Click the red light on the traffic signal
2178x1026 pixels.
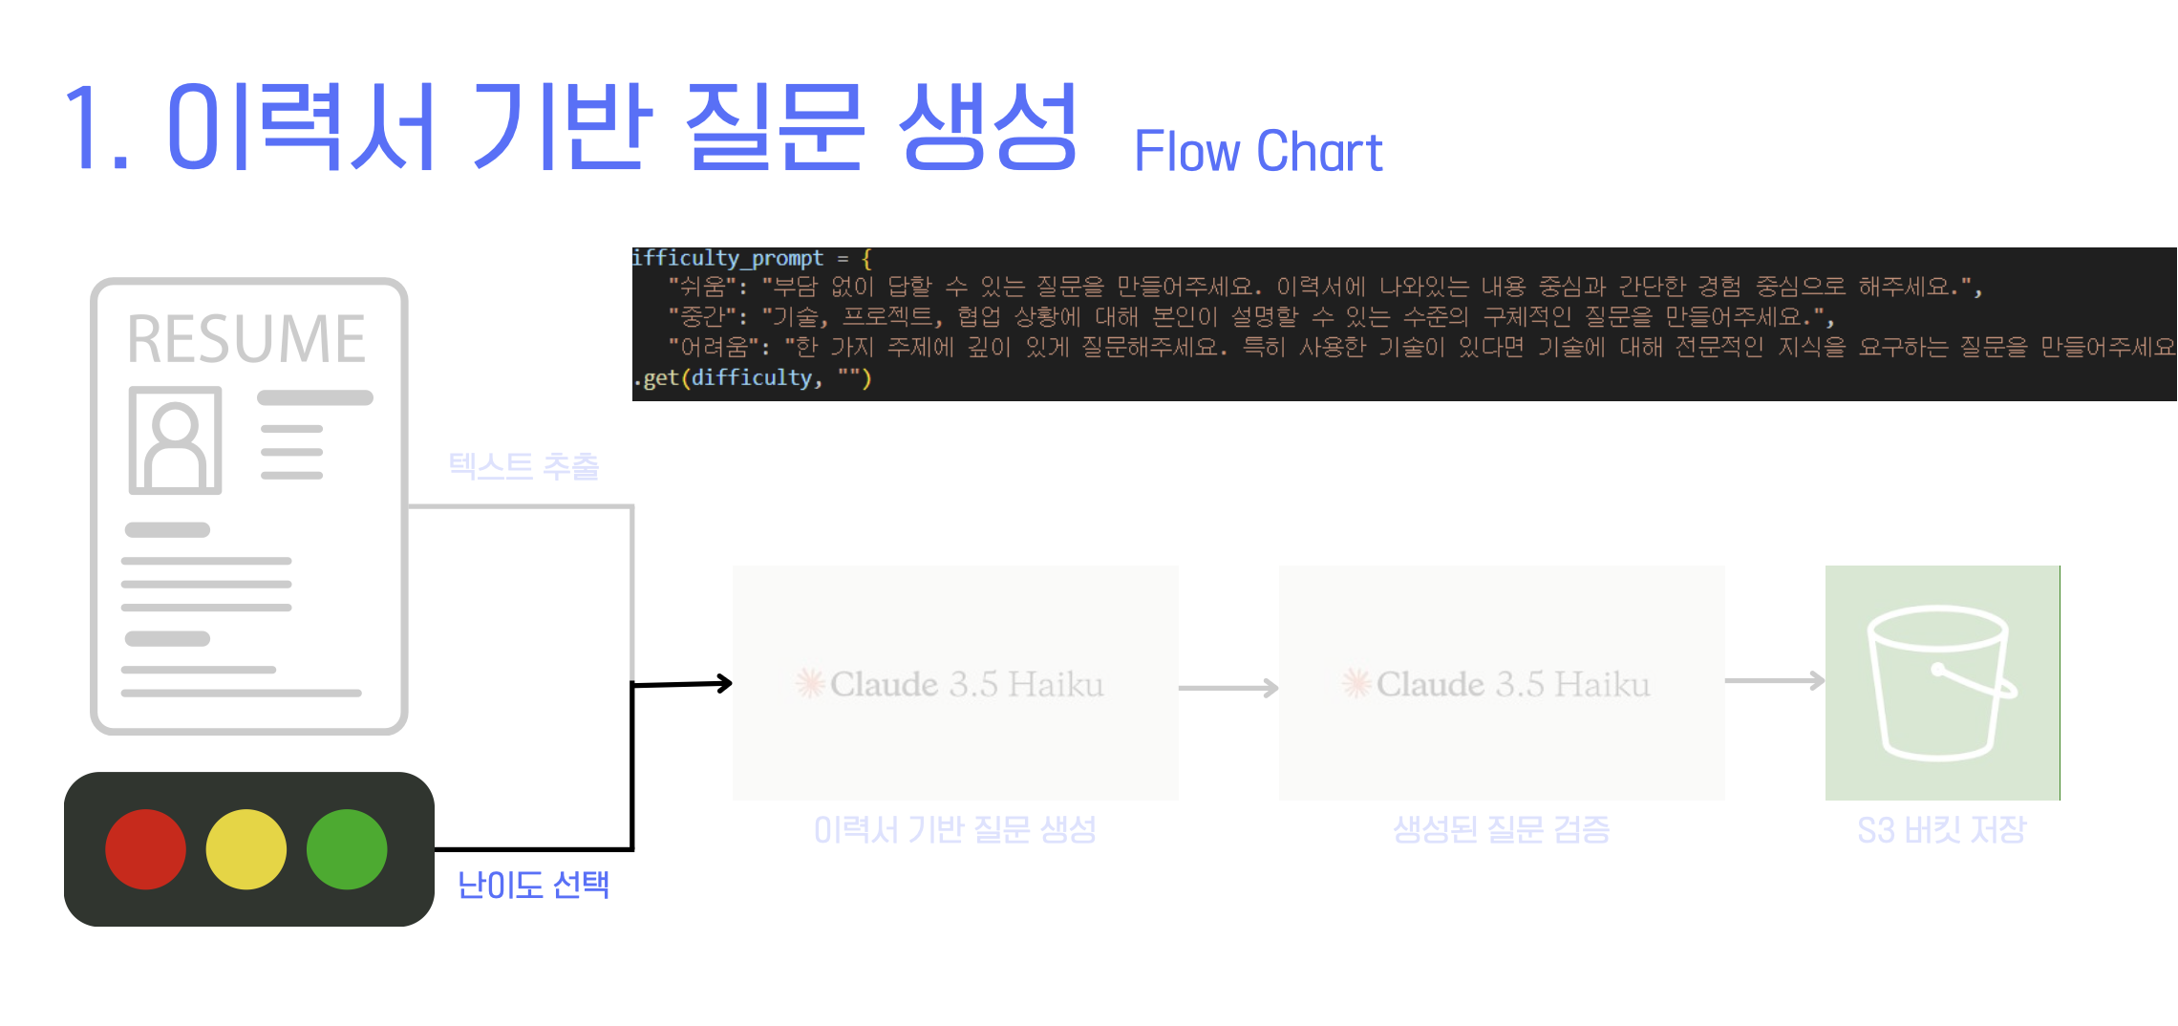pos(145,849)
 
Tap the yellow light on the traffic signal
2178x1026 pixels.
pos(246,849)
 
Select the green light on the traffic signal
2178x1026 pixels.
pos(347,849)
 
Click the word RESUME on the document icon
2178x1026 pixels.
pos(246,339)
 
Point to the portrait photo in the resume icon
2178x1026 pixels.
pos(175,439)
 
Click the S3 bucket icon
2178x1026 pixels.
pos(1941,682)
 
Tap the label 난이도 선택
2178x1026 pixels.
pos(533,885)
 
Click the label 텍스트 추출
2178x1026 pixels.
pos(523,466)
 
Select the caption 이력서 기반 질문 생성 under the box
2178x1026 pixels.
pos(954,829)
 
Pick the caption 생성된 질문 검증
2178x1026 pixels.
pos(1501,829)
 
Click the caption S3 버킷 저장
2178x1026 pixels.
pos(1941,829)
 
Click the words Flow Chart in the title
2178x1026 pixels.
pos(1258,152)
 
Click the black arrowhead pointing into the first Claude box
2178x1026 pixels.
pos(725,683)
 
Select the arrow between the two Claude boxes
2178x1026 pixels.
pos(1228,688)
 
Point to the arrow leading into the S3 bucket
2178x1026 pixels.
pos(1775,681)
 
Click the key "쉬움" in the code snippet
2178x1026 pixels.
pos(701,287)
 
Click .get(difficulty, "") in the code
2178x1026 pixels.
pos(753,378)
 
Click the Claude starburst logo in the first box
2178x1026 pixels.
pos(810,683)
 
